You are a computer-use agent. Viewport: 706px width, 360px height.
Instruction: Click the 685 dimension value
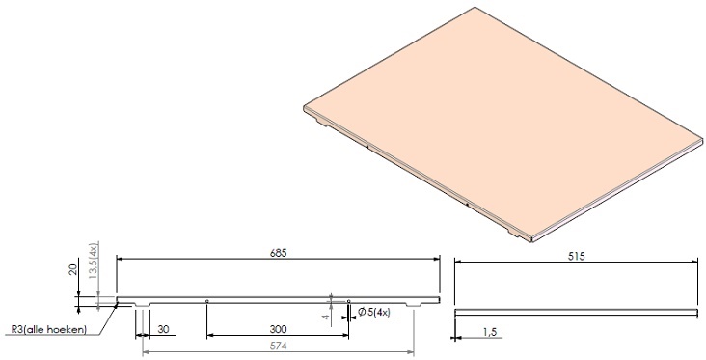pyautogui.click(x=278, y=253)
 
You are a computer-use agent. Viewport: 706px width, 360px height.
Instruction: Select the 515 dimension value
pyautogui.click(x=576, y=257)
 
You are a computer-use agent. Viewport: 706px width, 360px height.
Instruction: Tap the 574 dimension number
pyautogui.click(x=278, y=346)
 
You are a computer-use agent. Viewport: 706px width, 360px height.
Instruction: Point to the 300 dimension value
pyautogui.click(x=278, y=329)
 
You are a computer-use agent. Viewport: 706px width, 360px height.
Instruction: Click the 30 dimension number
pyautogui.click(x=163, y=329)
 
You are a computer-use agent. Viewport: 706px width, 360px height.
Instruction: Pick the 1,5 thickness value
pyautogui.click(x=489, y=332)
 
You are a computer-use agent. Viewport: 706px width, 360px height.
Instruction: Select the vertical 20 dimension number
pyautogui.click(x=74, y=269)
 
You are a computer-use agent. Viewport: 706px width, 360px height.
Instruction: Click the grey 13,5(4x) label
pyautogui.click(x=93, y=261)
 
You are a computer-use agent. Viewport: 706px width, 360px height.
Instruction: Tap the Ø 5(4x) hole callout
pyautogui.click(x=373, y=312)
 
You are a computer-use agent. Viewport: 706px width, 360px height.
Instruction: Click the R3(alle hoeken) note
pyautogui.click(x=48, y=329)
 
